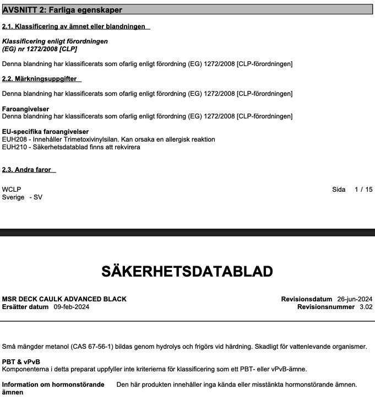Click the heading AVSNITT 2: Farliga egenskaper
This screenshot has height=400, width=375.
click(x=62, y=10)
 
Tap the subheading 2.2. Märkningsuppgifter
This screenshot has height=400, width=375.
click(x=40, y=79)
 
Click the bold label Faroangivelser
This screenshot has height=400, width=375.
click(x=25, y=109)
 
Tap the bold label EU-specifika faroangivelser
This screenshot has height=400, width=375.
click(x=45, y=132)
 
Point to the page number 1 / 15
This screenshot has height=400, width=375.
click(x=363, y=190)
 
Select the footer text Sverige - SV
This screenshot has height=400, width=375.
click(x=22, y=197)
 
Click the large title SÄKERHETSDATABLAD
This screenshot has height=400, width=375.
click(x=187, y=272)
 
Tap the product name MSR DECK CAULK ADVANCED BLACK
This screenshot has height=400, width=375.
click(x=64, y=299)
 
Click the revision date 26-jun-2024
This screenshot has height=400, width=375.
click(x=355, y=299)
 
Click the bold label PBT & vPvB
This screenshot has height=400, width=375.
click(x=21, y=361)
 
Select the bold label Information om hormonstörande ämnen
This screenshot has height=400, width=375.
click(x=53, y=388)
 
